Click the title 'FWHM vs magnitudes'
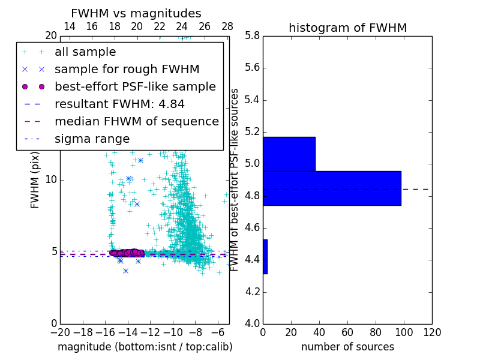pyautogui.click(x=136, y=13)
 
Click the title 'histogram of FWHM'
pyautogui.click(x=347, y=28)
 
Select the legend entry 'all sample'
pyautogui.click(x=85, y=52)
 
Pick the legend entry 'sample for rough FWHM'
pyautogui.click(x=127, y=69)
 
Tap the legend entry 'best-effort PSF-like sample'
pyautogui.click(x=135, y=86)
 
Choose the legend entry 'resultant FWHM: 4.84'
pyautogui.click(x=119, y=104)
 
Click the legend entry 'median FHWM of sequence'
pyautogui.click(x=136, y=121)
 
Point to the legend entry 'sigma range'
pyautogui.click(x=92, y=139)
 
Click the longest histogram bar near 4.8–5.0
pyautogui.click(x=332, y=188)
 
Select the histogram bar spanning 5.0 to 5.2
pyautogui.click(x=289, y=154)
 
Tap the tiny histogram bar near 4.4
pyautogui.click(x=265, y=257)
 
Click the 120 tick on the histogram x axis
pyautogui.click(x=431, y=332)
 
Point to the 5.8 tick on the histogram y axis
pyautogui.click(x=252, y=35)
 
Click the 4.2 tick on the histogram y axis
pyautogui.click(x=252, y=292)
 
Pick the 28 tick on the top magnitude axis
pyautogui.click(x=227, y=26)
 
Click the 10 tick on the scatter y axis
pyautogui.click(x=51, y=180)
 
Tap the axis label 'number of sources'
pyautogui.click(x=347, y=347)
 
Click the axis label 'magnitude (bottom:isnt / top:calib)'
pyautogui.click(x=145, y=347)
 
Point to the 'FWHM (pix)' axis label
pyautogui.click(x=35, y=180)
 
